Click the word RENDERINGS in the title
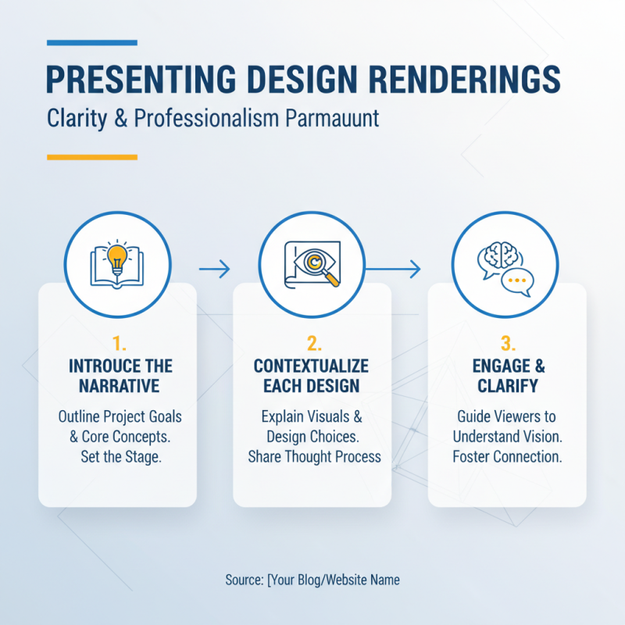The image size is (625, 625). click(454, 80)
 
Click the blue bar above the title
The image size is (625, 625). click(91, 42)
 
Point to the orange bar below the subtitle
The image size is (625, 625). click(91, 157)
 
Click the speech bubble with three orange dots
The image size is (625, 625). click(516, 280)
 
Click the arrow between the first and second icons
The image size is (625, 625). click(215, 270)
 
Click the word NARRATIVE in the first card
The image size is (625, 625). click(117, 385)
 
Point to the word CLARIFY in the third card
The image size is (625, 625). click(508, 385)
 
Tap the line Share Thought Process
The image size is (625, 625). click(313, 457)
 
